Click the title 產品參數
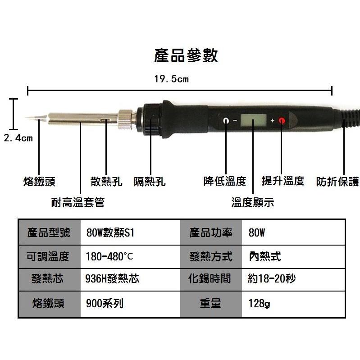pyautogui.click(x=186, y=56)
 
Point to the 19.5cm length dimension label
pyautogui.click(x=171, y=79)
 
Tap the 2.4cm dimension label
pyautogui.click(x=18, y=138)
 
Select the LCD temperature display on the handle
pyautogui.click(x=253, y=121)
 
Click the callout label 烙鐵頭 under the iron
pyautogui.click(x=39, y=182)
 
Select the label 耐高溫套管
pyautogui.click(x=77, y=202)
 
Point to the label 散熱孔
pyautogui.click(x=106, y=182)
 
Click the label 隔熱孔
pyautogui.click(x=150, y=182)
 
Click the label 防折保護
pyautogui.click(x=337, y=182)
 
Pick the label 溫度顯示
pyautogui.click(x=253, y=202)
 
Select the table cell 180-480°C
pyautogui.click(x=109, y=257)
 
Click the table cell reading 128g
pyautogui.click(x=260, y=304)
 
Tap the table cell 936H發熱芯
pyautogui.click(x=112, y=279)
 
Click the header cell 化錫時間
pyautogui.click(x=210, y=279)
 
